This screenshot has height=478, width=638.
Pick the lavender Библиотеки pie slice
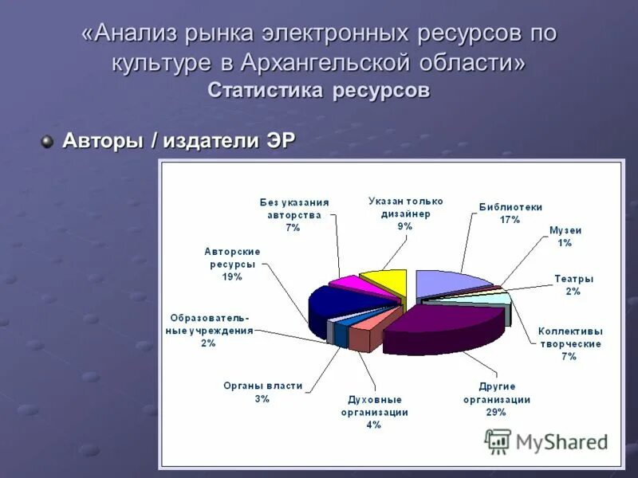point(451,283)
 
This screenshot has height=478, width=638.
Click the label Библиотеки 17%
point(510,213)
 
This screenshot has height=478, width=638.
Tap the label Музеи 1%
point(565,236)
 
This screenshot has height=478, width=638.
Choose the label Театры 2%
point(573,285)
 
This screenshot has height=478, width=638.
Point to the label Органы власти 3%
point(262,392)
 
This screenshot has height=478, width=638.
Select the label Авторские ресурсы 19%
point(232,264)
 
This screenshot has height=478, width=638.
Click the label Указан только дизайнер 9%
point(405,214)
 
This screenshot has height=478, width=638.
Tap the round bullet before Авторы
point(47,141)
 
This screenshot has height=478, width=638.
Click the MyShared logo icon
point(498,441)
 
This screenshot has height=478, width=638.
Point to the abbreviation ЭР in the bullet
point(281,140)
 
